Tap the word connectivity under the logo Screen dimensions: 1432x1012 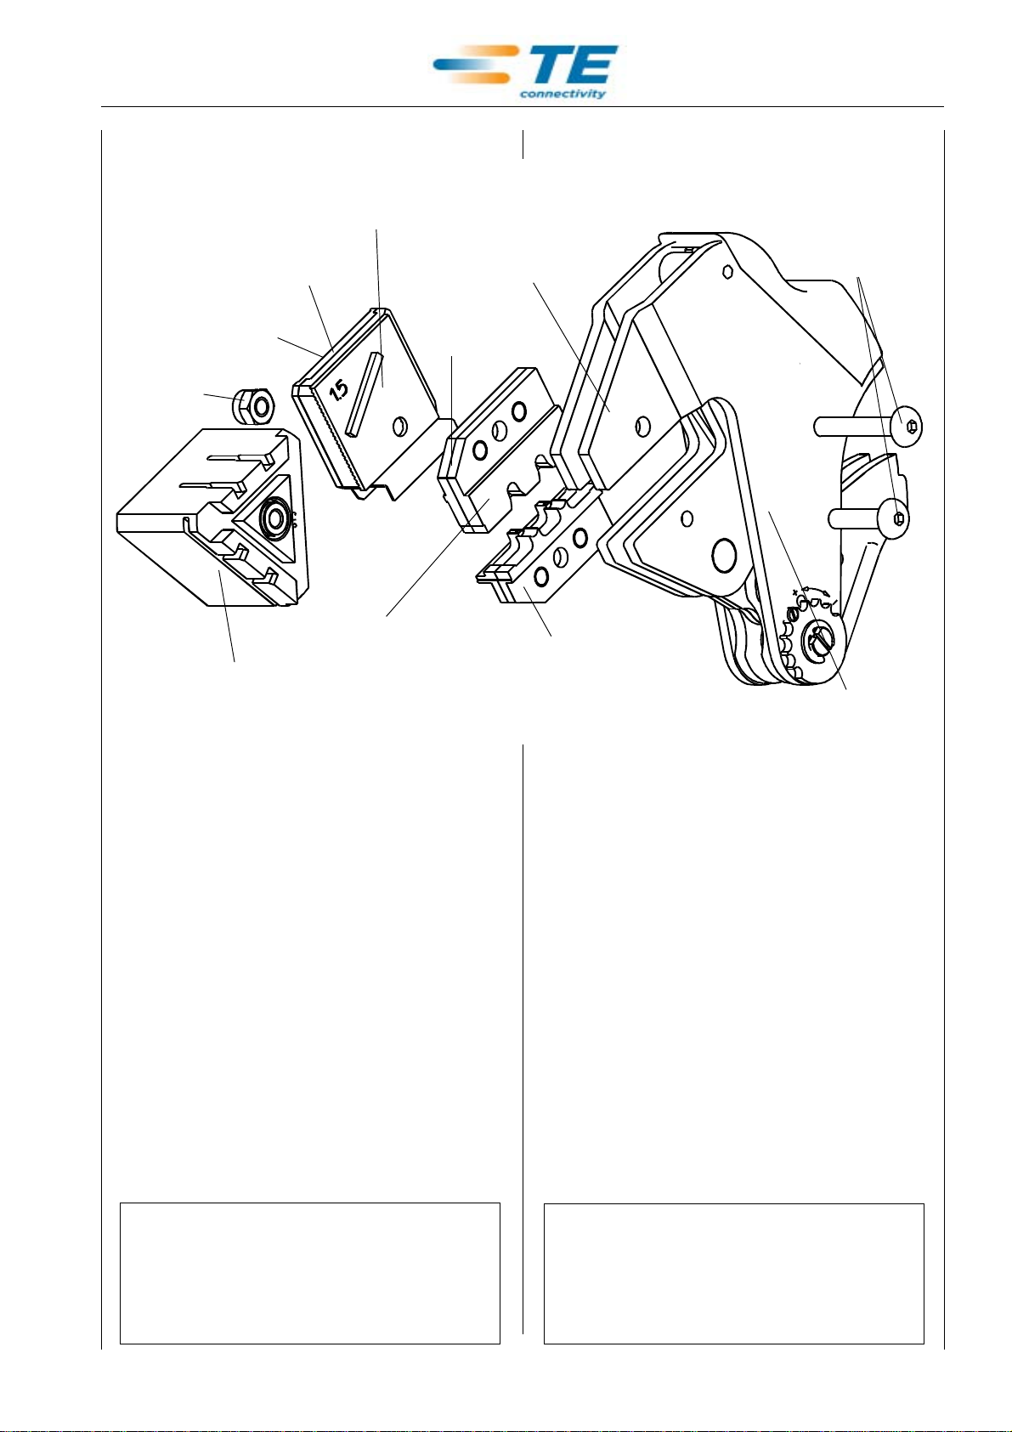[x=563, y=93]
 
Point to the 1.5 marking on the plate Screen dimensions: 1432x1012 [x=338, y=391]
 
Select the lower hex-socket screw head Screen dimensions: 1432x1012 [x=896, y=517]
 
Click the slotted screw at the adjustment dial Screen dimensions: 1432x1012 [x=821, y=640]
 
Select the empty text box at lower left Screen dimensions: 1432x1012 [x=309, y=1272]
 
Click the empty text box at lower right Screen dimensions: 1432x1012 [x=733, y=1272]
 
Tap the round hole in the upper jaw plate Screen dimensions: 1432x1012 [x=644, y=423]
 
